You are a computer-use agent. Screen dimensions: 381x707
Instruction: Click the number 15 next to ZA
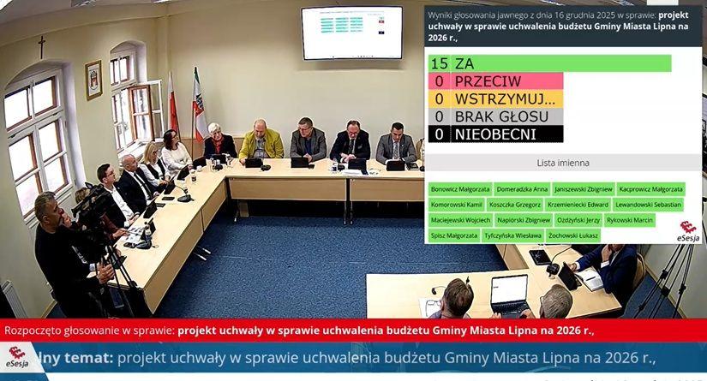click(x=440, y=63)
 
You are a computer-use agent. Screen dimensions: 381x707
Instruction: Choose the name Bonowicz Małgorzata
click(x=460, y=188)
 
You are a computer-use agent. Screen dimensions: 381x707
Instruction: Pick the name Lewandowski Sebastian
click(x=647, y=205)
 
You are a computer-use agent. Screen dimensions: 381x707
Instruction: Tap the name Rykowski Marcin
click(x=629, y=220)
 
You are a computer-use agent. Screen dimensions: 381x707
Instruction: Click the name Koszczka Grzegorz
click(x=514, y=205)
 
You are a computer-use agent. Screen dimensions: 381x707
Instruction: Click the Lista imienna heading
click(x=562, y=163)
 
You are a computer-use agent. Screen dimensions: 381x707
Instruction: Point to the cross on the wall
click(x=41, y=46)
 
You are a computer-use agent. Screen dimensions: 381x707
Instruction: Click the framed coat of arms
click(x=93, y=80)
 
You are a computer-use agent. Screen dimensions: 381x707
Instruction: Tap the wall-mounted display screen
click(x=351, y=33)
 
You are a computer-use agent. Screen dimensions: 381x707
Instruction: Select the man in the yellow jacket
click(x=261, y=141)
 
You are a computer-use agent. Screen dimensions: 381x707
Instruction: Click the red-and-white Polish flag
click(x=172, y=107)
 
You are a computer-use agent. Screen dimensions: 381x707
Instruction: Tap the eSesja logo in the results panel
click(x=688, y=231)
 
